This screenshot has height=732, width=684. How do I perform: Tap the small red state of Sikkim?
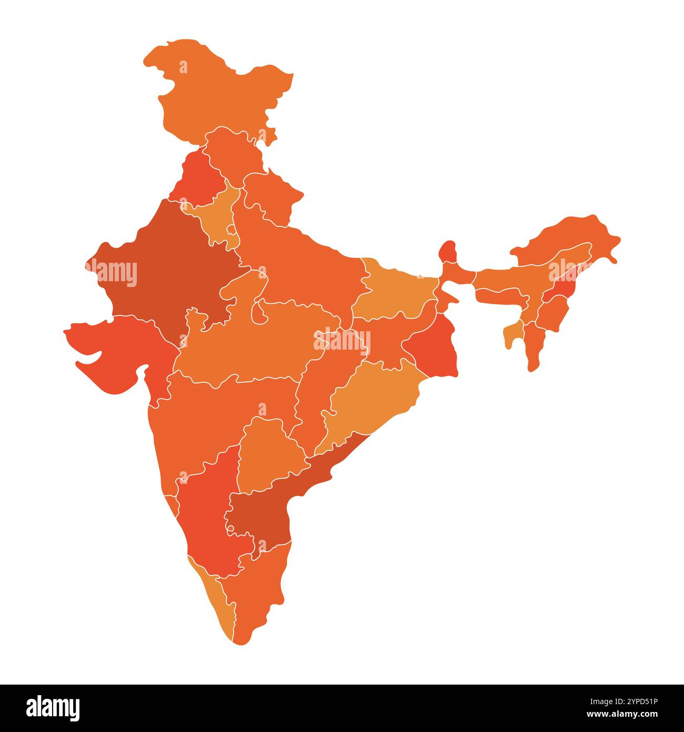(448, 252)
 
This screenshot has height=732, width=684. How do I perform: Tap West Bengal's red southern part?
(434, 353)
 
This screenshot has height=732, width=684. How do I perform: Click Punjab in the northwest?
(197, 179)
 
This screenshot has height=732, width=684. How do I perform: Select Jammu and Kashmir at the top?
(221, 90)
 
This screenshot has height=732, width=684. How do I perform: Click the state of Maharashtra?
(221, 416)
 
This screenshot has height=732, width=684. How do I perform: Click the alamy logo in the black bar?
(53, 708)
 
